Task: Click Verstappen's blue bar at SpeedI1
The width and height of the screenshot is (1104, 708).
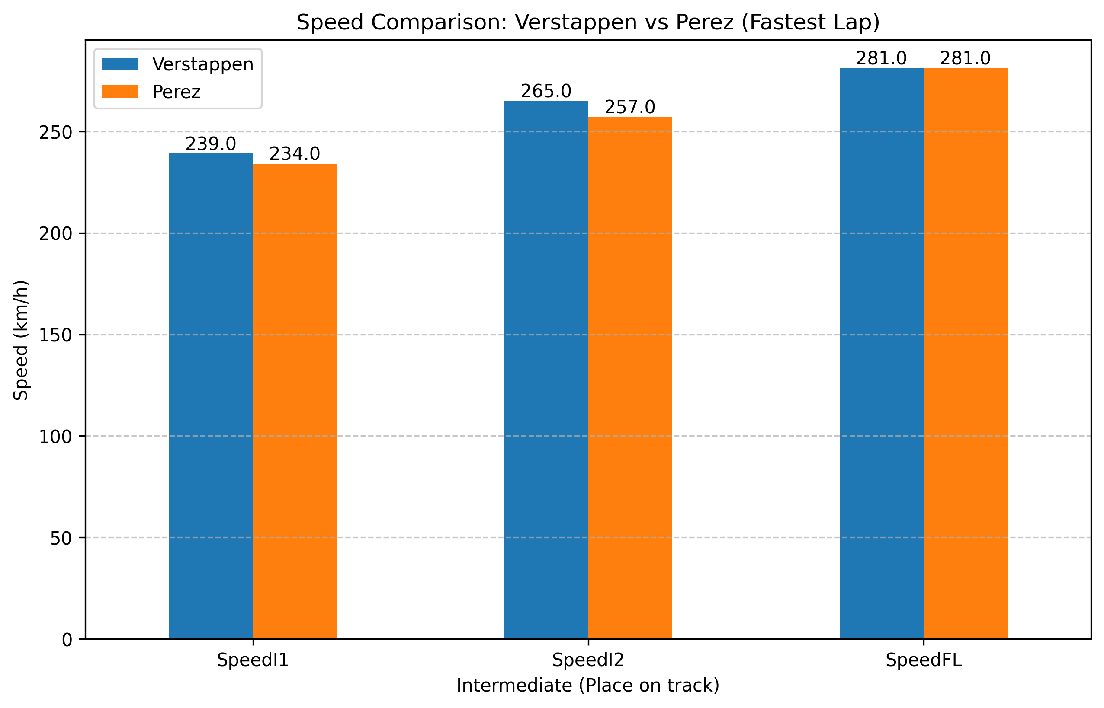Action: coord(211,395)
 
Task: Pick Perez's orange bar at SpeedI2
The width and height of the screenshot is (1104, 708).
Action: coord(630,377)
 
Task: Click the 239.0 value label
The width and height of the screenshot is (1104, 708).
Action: coord(211,144)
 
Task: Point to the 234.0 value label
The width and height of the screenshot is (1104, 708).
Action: coord(295,154)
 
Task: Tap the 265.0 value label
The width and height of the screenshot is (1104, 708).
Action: coord(546,92)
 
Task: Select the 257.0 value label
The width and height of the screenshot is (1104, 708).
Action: coord(630,108)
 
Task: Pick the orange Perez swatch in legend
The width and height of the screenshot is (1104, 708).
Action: coord(119,92)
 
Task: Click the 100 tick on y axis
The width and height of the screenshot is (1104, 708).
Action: coord(56,437)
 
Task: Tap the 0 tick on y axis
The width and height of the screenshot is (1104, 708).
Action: coord(67,640)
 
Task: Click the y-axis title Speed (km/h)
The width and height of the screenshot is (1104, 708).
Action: coord(21,340)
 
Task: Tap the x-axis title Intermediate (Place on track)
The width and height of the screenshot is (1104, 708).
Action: coord(588,686)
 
